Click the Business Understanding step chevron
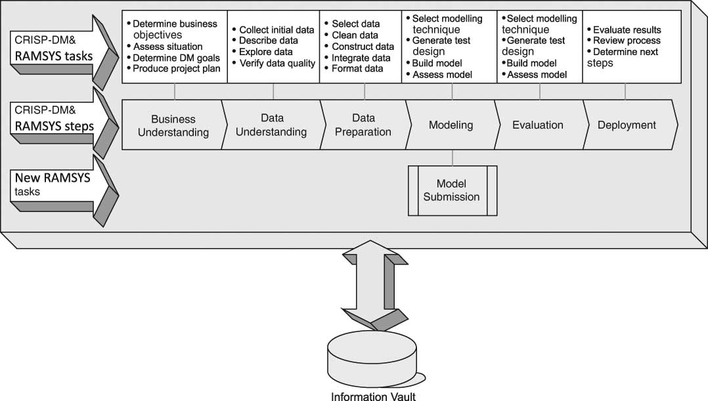coord(173,125)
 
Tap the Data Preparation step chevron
coord(363,125)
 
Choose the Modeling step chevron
coord(451,125)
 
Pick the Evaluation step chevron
coord(537,125)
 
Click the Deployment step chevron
coord(626,125)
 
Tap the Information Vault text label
coord(372,396)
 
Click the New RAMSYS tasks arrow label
coord(53,184)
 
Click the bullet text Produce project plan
coord(176,68)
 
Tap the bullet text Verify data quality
coord(277,63)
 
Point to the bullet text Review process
coord(627,41)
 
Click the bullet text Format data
coord(357,68)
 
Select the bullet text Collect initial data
coord(276,30)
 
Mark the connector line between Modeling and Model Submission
coord(453,158)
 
